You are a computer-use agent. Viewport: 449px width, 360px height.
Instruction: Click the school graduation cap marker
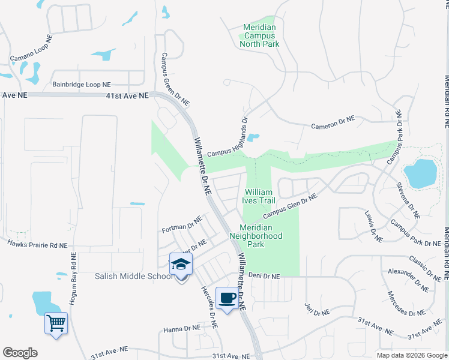tap(181, 264)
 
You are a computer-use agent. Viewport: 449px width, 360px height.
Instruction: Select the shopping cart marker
tap(56, 324)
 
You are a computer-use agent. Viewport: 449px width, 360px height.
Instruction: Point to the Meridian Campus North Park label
tap(260, 35)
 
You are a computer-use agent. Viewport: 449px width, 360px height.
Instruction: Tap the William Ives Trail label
tap(259, 197)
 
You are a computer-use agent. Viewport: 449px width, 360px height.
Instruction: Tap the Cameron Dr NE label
tap(333, 122)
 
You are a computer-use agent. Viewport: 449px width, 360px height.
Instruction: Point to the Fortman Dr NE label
tap(182, 226)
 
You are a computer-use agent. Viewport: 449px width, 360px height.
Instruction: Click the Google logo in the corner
tap(20, 353)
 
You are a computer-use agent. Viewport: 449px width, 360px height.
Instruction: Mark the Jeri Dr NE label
tap(317, 310)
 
